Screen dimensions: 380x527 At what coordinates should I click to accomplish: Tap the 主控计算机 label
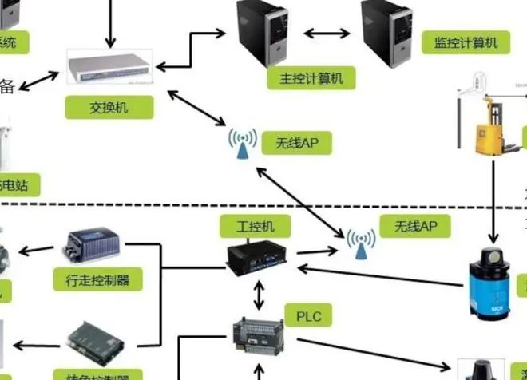307,78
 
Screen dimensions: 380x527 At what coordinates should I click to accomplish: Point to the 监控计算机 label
470,42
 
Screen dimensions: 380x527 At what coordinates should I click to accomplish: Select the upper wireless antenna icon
241,144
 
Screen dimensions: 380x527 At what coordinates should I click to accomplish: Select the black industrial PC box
258,257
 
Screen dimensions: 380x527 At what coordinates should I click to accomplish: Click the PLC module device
258,333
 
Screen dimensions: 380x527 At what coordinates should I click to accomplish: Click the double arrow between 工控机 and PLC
258,295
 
